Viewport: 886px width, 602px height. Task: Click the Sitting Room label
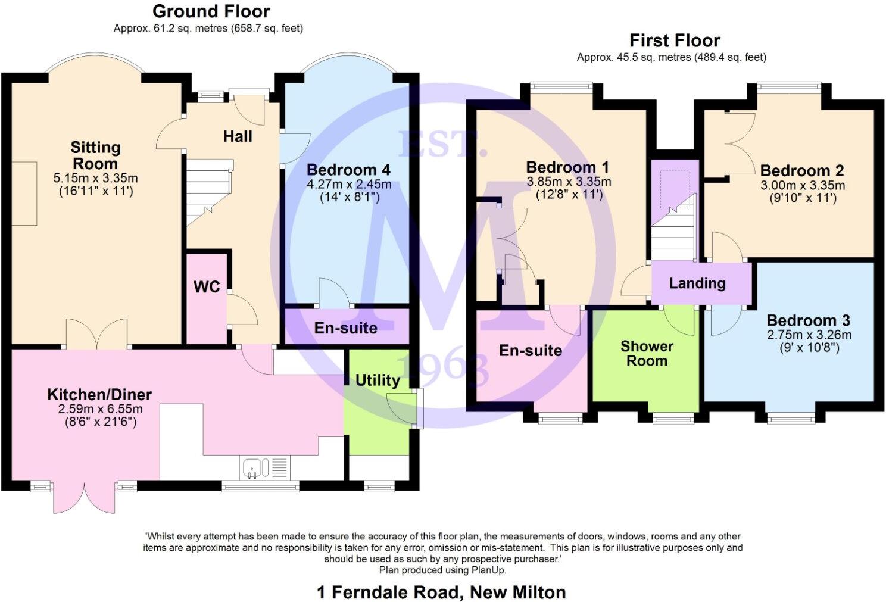[95, 155]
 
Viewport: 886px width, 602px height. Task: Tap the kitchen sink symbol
[256, 468]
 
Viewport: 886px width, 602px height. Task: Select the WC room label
[207, 287]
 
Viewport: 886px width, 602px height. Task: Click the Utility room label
[377, 380]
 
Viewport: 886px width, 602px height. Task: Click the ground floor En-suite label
[346, 328]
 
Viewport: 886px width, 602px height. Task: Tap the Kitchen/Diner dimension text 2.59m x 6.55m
[100, 409]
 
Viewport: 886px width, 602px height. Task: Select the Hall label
[238, 136]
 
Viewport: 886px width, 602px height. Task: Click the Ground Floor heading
[211, 11]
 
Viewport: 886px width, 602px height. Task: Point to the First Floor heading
[675, 40]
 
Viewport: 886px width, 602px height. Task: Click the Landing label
[697, 283]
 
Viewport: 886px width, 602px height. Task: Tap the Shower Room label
[647, 354]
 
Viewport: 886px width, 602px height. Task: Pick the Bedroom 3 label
[808, 320]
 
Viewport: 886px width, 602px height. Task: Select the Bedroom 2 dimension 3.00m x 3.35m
[802, 185]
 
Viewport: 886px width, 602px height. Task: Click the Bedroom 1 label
[567, 167]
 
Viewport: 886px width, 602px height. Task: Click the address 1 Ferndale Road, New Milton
[441, 592]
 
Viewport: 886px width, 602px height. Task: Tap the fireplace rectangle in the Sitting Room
[24, 193]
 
